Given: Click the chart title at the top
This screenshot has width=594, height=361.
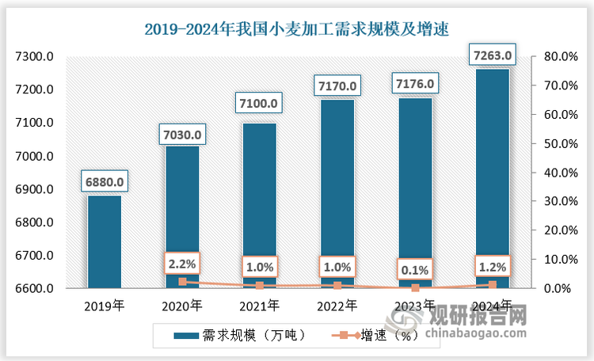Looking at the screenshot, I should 296,30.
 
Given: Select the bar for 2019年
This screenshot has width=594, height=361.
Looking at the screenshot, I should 105,241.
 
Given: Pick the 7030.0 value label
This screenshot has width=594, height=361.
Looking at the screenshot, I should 181,135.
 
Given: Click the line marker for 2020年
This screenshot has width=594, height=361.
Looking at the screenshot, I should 182,282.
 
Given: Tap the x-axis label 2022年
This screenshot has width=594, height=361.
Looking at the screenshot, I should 337,305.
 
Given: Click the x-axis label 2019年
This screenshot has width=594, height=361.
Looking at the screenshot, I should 105,305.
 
